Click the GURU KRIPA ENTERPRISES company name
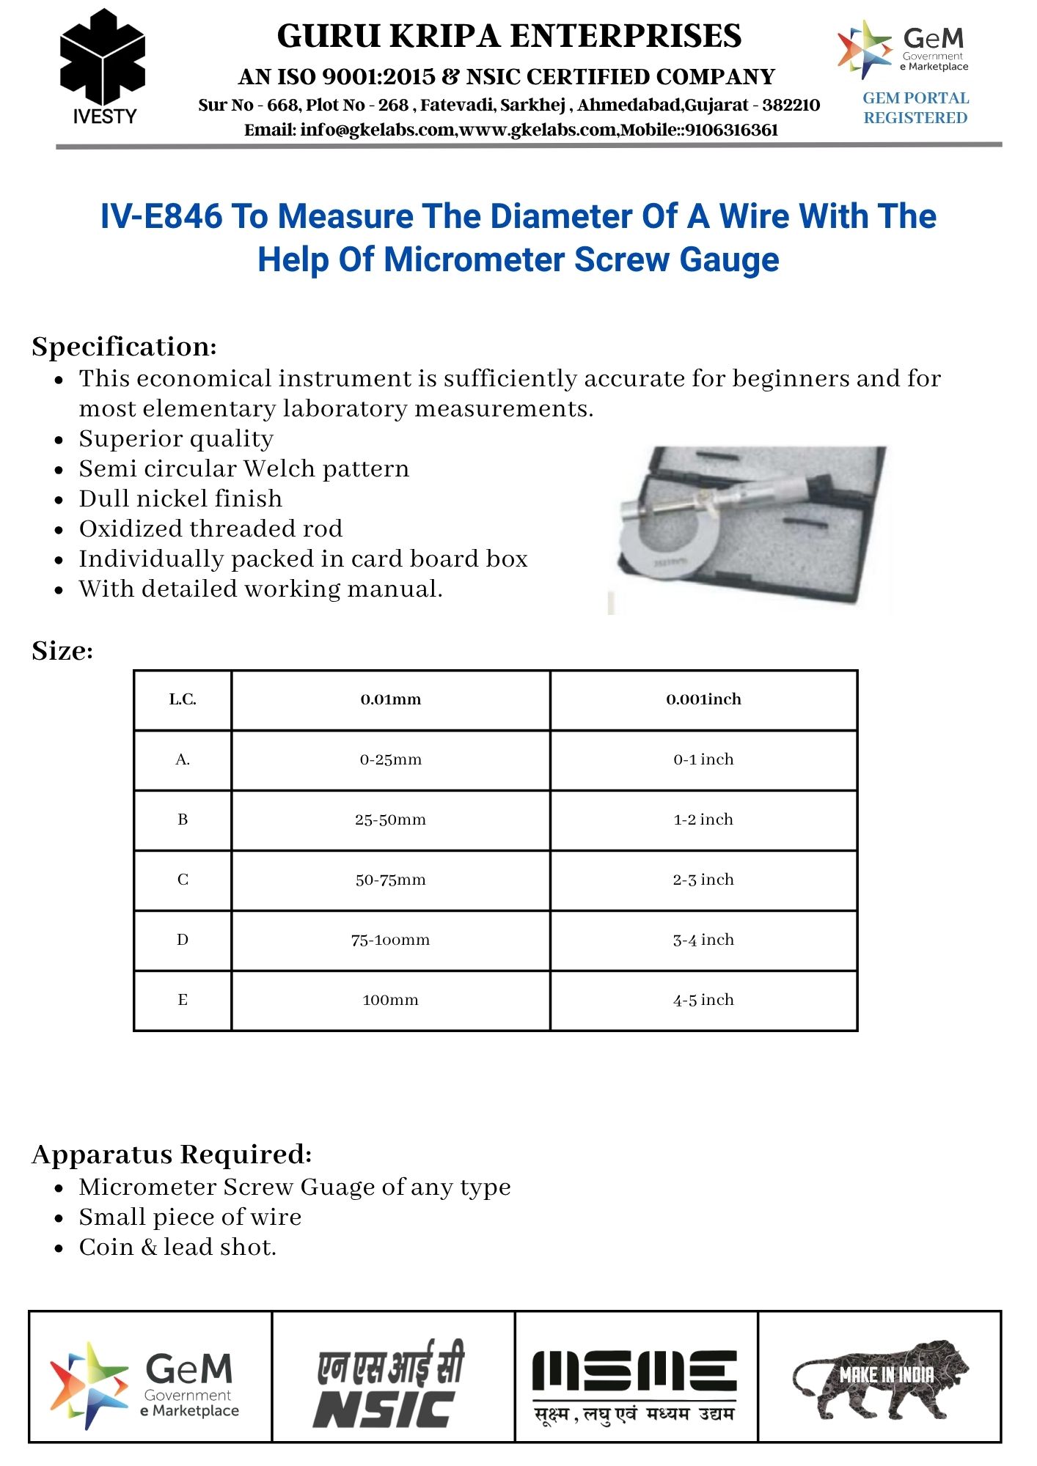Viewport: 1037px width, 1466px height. (509, 36)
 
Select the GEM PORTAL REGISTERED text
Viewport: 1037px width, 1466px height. (915, 108)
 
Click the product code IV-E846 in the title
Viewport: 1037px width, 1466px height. (161, 217)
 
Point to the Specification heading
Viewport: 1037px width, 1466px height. (124, 347)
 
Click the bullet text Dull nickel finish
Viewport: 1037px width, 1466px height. (180, 499)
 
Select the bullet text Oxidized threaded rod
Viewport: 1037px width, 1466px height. (210, 529)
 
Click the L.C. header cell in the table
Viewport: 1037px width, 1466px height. (183, 700)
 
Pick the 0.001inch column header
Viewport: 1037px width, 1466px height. (703, 700)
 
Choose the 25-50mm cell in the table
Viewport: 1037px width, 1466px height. (390, 820)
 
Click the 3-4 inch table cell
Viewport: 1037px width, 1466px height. (703, 940)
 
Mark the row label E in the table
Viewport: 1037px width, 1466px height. (183, 1001)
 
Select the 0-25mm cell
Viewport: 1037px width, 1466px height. (390, 760)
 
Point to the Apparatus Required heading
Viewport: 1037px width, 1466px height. (172, 1154)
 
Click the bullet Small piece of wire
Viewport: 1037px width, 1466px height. (190, 1218)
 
